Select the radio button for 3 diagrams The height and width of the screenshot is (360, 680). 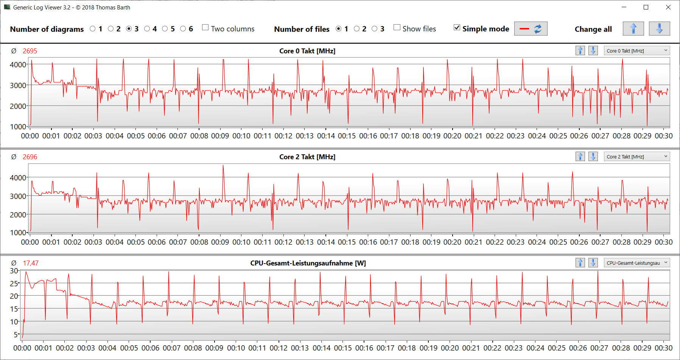click(x=129, y=29)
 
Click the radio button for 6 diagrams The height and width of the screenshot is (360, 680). click(x=183, y=29)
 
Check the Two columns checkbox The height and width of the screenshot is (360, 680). click(x=205, y=28)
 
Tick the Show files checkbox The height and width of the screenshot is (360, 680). click(x=397, y=28)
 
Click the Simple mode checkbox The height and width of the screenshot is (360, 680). click(x=457, y=28)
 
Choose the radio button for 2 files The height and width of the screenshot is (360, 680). click(x=356, y=29)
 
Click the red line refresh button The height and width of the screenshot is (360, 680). click(x=531, y=29)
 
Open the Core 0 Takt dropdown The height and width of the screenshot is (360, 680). click(x=637, y=51)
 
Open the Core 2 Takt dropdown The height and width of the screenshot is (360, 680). click(x=637, y=157)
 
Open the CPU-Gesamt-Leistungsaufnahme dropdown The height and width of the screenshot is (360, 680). click(x=637, y=263)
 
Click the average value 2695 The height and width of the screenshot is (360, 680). click(x=30, y=51)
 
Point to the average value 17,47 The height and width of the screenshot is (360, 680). click(x=31, y=263)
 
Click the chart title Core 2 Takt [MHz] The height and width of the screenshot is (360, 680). click(x=307, y=157)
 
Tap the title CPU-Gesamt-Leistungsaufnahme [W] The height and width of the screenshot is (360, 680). click(x=308, y=263)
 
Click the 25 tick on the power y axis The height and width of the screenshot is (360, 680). click(x=14, y=283)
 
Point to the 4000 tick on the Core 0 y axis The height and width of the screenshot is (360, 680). click(x=18, y=65)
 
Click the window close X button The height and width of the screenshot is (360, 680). click(x=668, y=7)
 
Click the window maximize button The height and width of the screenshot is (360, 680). click(x=646, y=7)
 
